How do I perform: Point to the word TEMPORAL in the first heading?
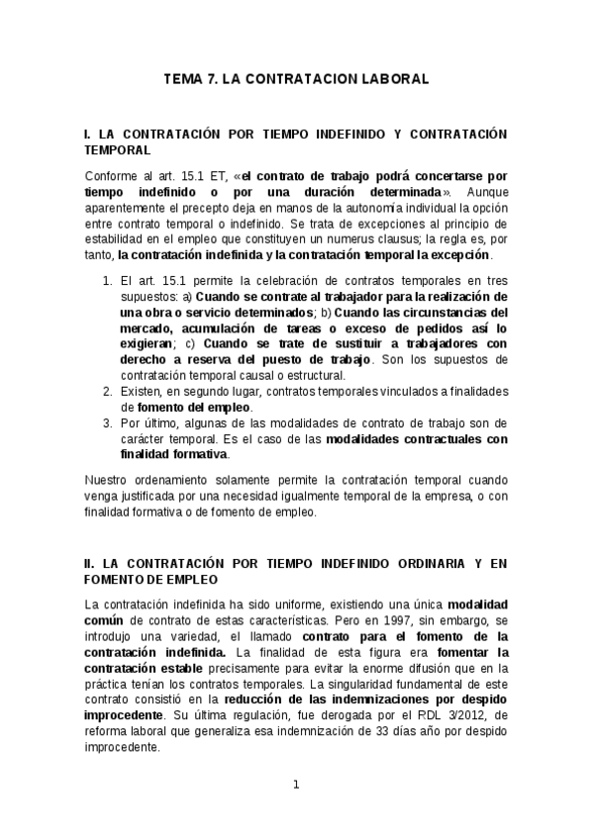[x=118, y=150]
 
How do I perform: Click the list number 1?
[x=107, y=281]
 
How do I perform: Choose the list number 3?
[x=107, y=422]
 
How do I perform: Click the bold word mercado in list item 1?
[x=148, y=328]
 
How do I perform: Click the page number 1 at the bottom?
[x=296, y=786]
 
